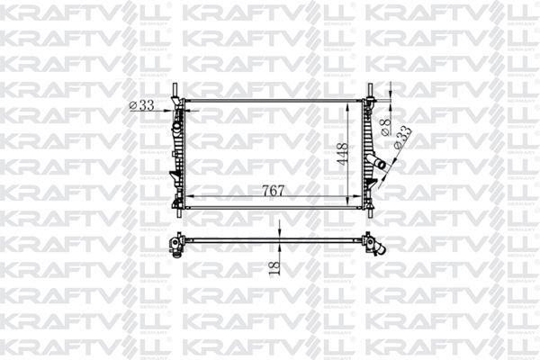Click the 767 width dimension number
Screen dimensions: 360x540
pyautogui.click(x=274, y=190)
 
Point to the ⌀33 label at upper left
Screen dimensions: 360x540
pyautogui.click(x=142, y=105)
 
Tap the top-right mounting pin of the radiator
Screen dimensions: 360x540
pyautogui.click(x=369, y=92)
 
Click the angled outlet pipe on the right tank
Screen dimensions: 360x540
pyautogui.click(x=381, y=163)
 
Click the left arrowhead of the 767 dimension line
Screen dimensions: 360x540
pyautogui.click(x=190, y=197)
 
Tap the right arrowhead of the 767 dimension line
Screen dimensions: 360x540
pyautogui.click(x=358, y=197)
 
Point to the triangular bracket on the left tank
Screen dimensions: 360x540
pyautogui.click(x=172, y=171)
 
